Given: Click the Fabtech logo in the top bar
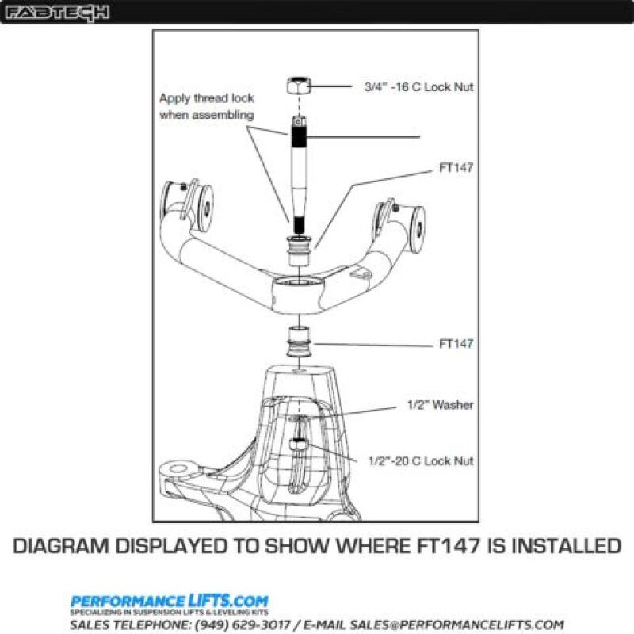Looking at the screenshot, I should click(58, 13).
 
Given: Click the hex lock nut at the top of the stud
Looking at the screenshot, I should click(298, 87).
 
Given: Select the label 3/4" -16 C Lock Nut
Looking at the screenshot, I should click(418, 87).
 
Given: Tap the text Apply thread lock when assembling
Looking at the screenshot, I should click(206, 106).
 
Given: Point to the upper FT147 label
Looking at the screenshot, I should click(456, 169).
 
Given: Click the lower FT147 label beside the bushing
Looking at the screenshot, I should click(456, 344).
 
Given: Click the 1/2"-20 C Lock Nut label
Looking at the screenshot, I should click(421, 460).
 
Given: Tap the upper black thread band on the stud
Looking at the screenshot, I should click(300, 136).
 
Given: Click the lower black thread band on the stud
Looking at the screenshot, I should click(298, 223).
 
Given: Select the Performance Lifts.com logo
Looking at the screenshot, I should click(169, 602).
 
